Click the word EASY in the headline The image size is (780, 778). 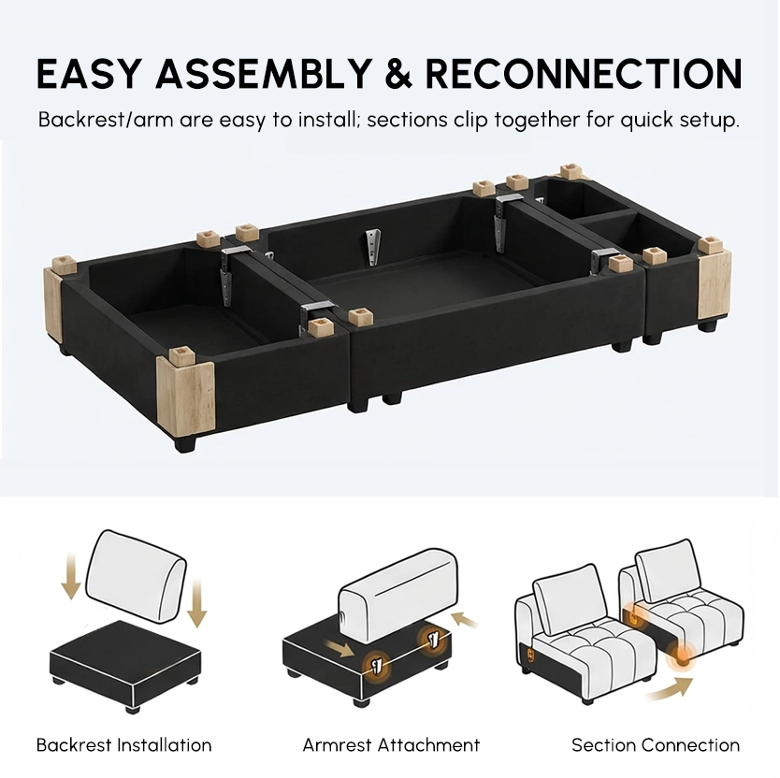coord(89,74)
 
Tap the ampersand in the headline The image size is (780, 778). coord(398,74)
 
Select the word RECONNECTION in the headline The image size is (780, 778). coord(584,74)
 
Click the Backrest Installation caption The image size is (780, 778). coord(124,744)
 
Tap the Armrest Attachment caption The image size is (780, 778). coord(391,744)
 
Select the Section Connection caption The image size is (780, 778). coord(655,744)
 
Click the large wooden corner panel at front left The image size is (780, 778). coord(186,392)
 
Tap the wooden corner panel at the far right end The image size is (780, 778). coord(715,284)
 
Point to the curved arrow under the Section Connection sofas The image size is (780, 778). coord(672,689)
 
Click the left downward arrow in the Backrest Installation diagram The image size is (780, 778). coord(71,577)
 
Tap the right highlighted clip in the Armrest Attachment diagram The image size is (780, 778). coord(432,639)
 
